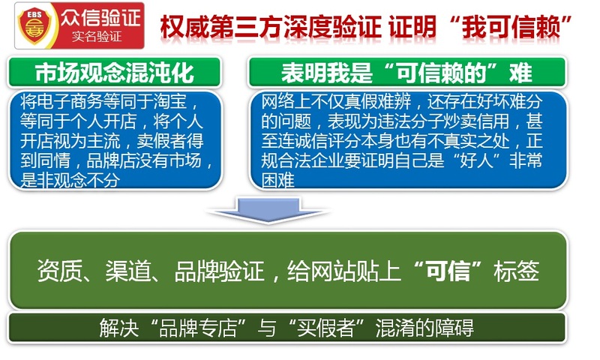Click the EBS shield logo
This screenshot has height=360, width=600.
click(x=34, y=25)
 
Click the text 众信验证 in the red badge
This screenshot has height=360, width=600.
click(x=101, y=17)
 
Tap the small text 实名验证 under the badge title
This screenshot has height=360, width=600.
click(x=97, y=37)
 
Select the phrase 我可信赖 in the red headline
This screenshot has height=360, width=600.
click(x=511, y=28)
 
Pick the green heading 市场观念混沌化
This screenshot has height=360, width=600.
click(x=115, y=73)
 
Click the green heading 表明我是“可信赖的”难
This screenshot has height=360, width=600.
click(x=406, y=73)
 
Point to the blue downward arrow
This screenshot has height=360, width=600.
click(x=268, y=210)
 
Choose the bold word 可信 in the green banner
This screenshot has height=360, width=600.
click(x=448, y=271)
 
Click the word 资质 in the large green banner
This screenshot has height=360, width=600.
click(x=60, y=271)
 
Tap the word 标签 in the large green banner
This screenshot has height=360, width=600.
click(x=517, y=271)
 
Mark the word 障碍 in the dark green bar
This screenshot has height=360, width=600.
click(x=454, y=328)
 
